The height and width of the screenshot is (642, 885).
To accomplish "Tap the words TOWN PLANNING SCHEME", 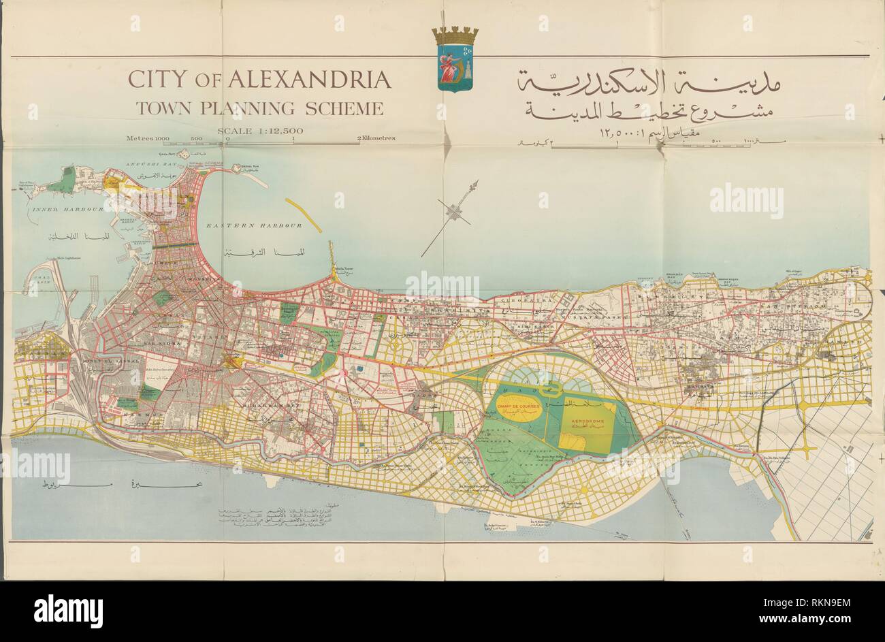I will click(x=259, y=108).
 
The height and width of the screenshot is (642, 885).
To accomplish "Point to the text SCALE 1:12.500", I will click(x=259, y=131).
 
